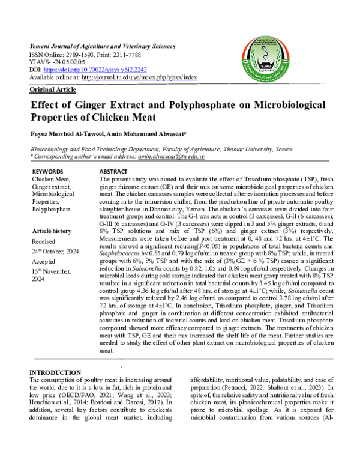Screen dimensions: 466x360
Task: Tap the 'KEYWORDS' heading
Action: [x=46, y=172]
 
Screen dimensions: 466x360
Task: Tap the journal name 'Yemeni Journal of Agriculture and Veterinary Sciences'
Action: [x=102, y=46]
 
